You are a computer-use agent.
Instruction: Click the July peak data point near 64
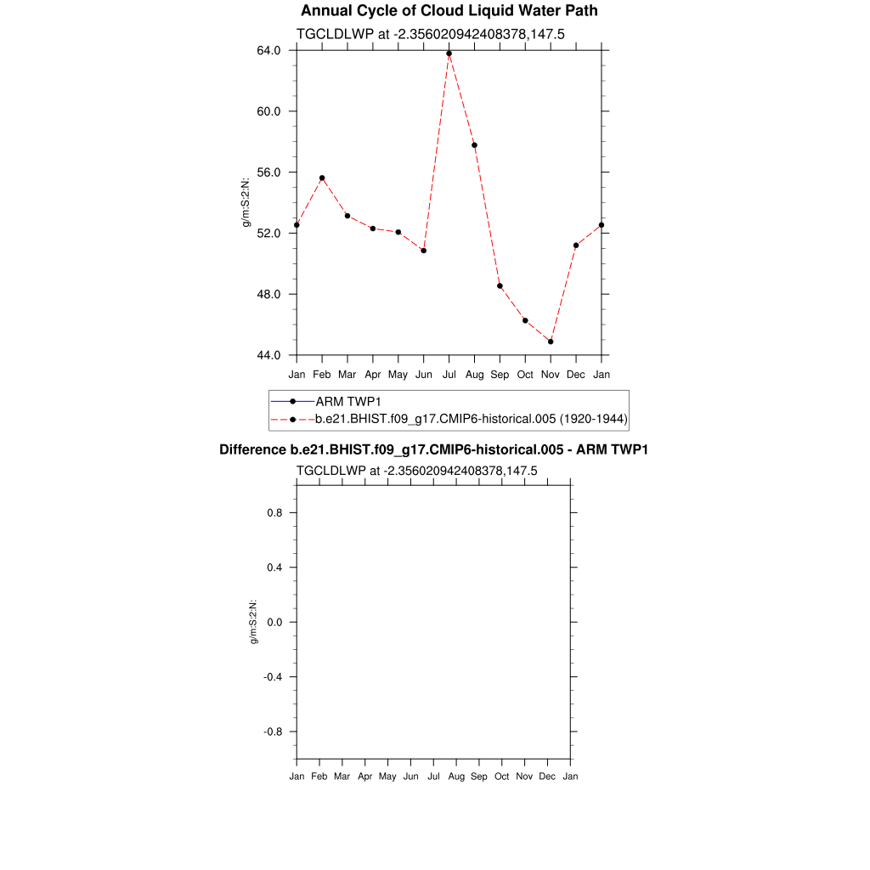coord(449,54)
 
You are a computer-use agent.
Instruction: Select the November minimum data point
coord(551,342)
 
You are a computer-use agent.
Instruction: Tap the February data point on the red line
coord(322,178)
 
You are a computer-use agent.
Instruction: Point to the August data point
coord(474,145)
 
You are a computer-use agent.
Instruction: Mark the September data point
coord(500,285)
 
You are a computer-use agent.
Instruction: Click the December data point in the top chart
coord(576,246)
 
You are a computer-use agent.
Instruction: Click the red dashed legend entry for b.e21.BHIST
coord(471,419)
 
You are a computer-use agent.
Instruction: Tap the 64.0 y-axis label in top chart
coord(270,50)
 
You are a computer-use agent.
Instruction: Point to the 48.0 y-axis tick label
coord(270,294)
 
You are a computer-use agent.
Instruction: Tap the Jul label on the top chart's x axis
coord(449,374)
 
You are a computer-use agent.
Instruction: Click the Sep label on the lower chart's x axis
coord(478,777)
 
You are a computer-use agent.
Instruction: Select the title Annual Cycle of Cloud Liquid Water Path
coord(449,11)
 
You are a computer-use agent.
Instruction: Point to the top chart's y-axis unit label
coord(246,202)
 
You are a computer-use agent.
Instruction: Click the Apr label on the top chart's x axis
coord(372,374)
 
